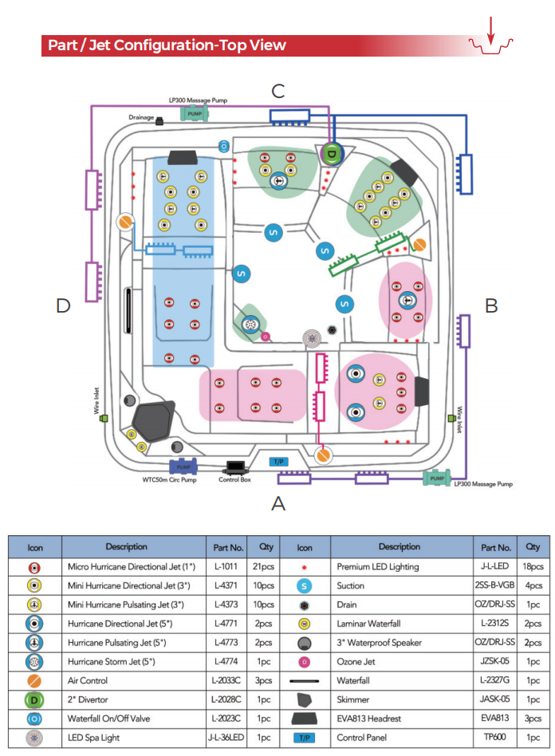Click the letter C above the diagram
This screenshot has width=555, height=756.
(277, 90)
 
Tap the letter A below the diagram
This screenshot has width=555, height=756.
(278, 503)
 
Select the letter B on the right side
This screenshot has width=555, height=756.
(491, 305)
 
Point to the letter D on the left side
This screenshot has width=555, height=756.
(65, 305)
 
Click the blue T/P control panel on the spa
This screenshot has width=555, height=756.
(278, 462)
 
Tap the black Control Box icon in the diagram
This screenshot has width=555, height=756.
(235, 467)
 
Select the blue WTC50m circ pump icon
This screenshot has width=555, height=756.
(183, 467)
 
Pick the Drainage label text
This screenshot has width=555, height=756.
(140, 117)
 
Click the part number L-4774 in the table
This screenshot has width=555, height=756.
(229, 661)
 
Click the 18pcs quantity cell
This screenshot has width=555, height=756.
(532, 566)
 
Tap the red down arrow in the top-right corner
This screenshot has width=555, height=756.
(491, 31)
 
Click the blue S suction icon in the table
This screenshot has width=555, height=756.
(303, 585)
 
